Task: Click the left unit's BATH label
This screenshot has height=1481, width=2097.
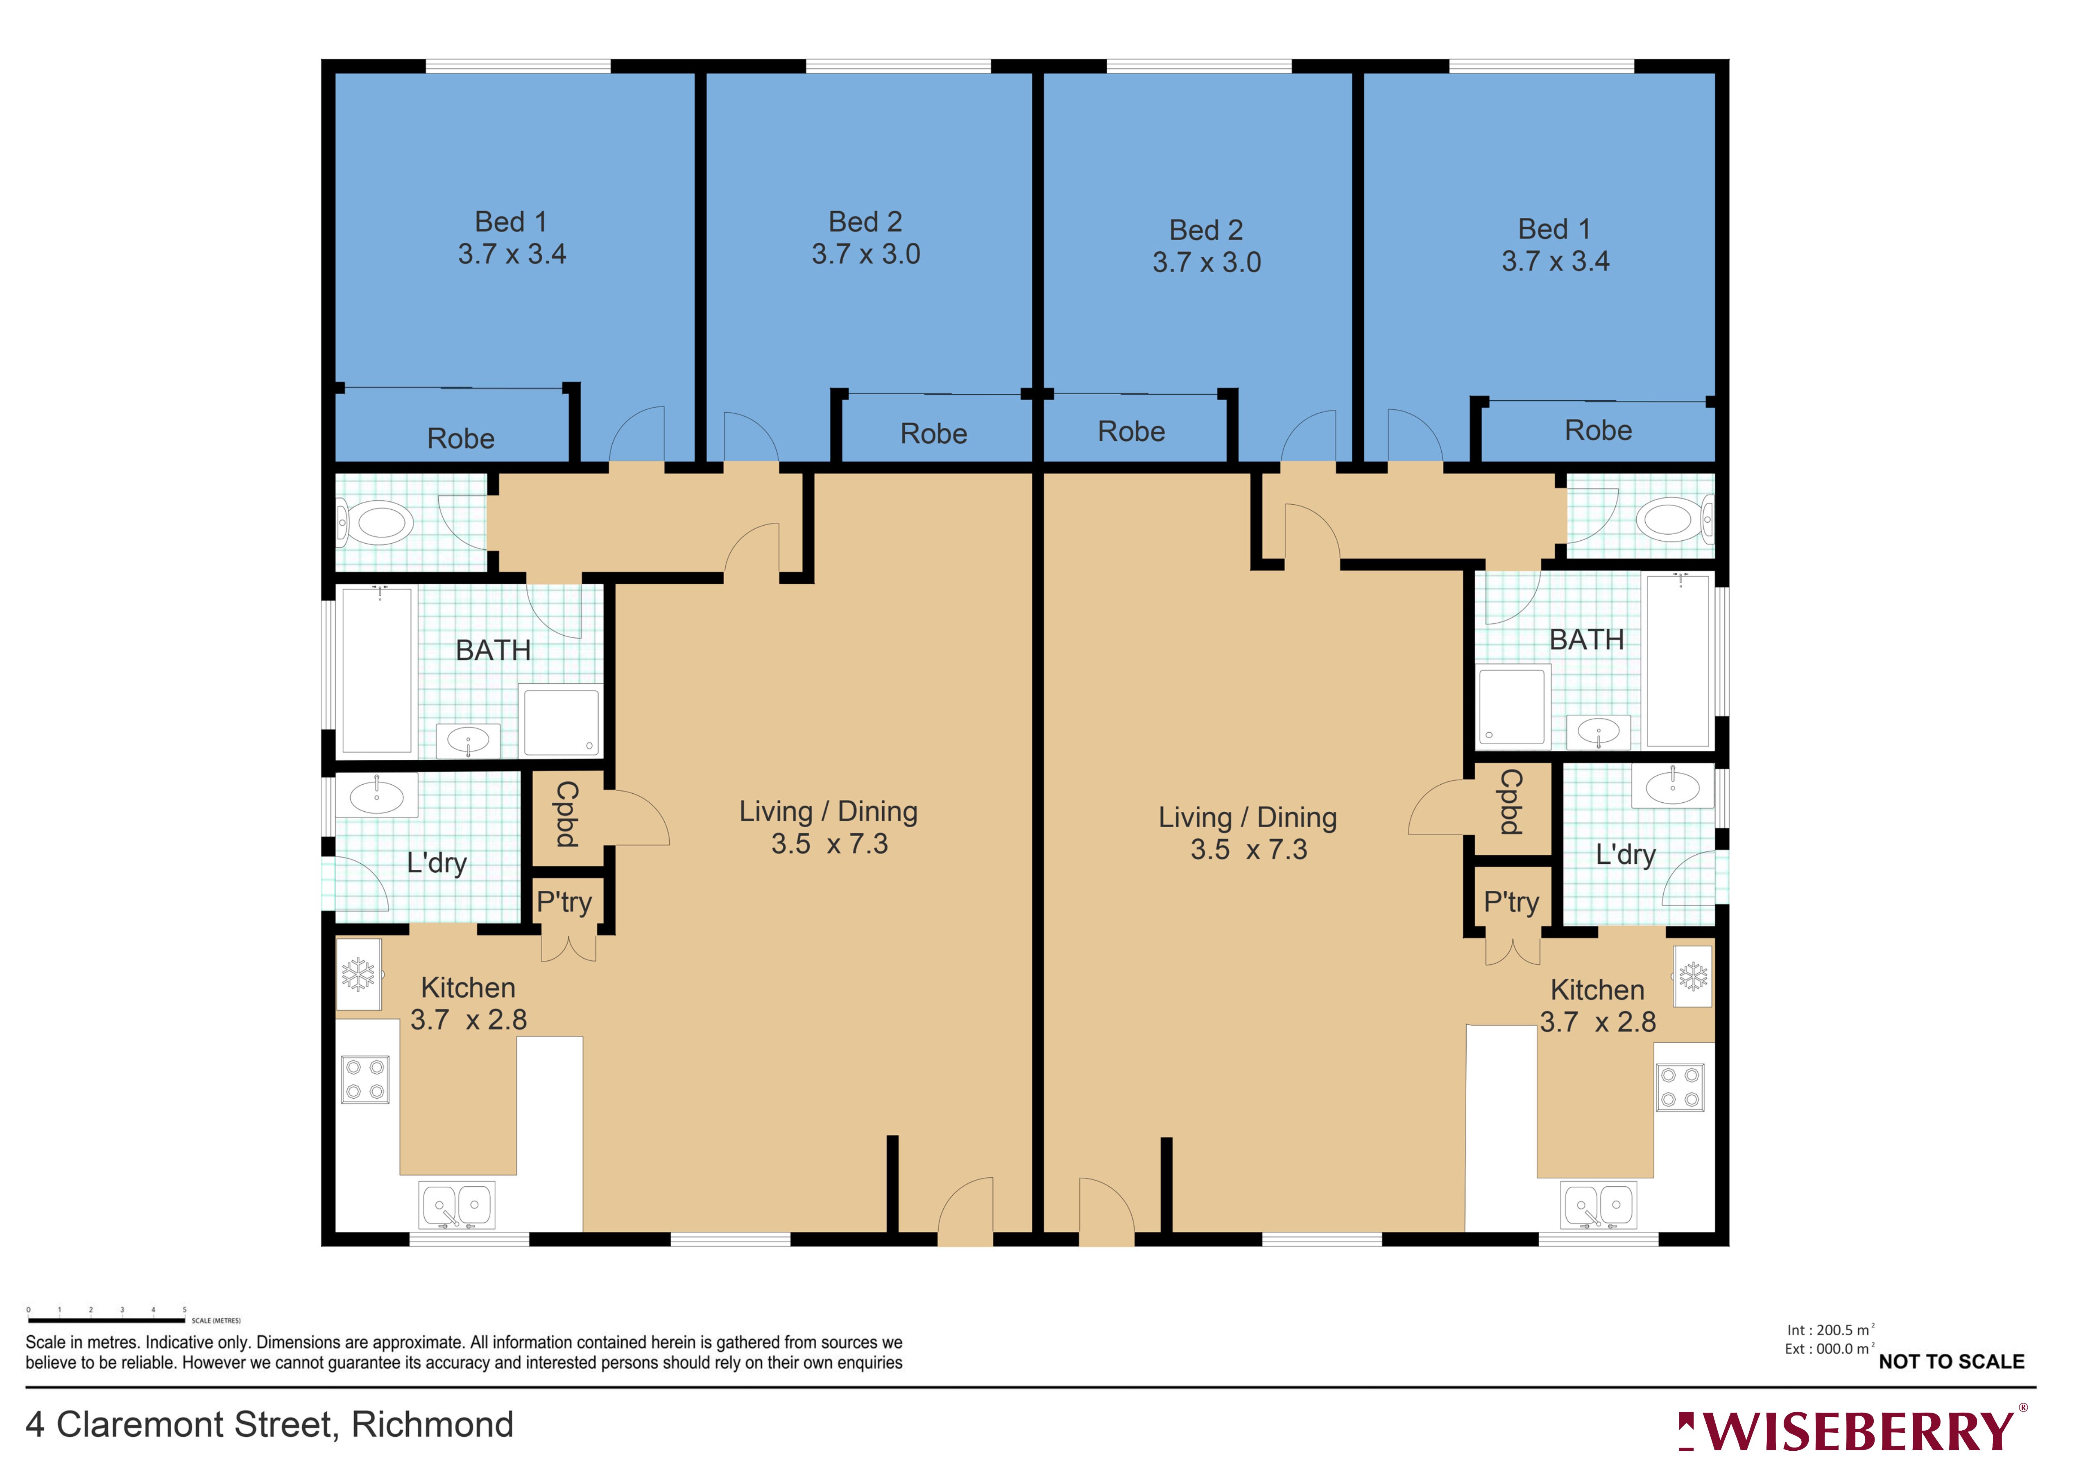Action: [493, 650]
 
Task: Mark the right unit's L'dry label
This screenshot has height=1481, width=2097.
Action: [1625, 855]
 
